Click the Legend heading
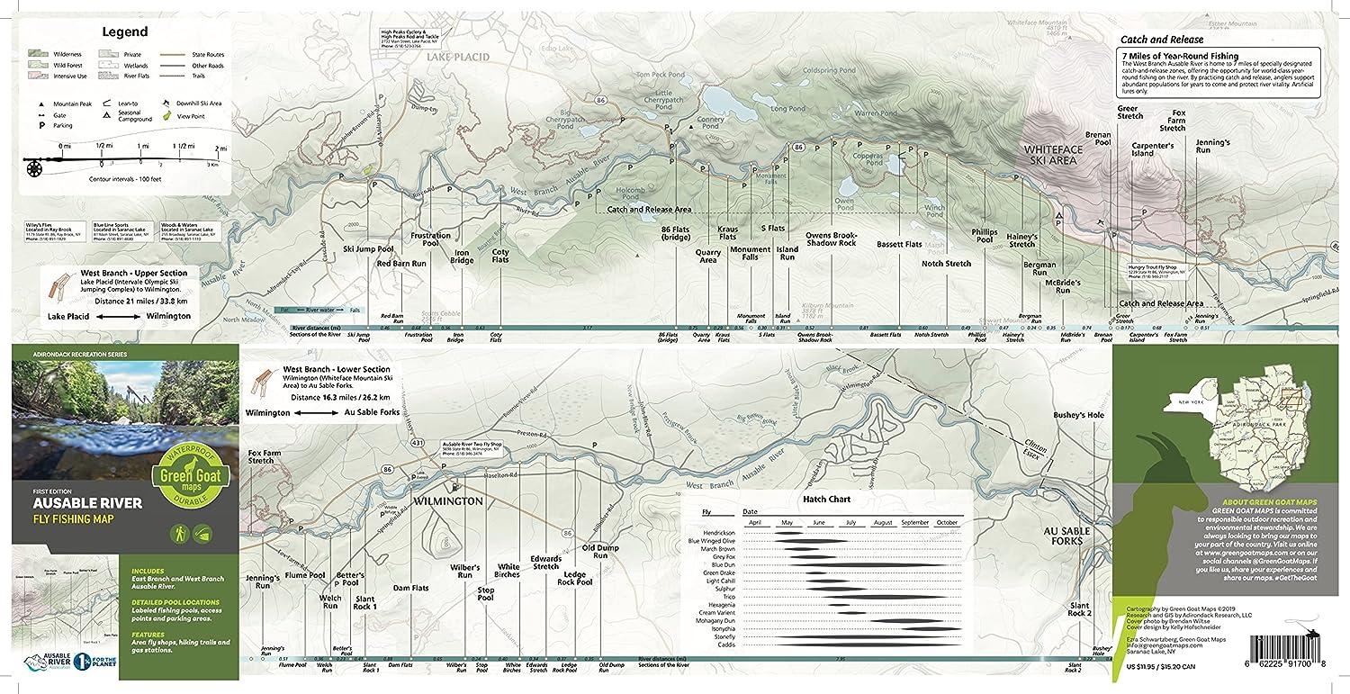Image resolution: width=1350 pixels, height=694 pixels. point(124,32)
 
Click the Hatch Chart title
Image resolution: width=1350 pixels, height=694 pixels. point(826,499)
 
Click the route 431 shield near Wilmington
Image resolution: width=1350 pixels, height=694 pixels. point(418,442)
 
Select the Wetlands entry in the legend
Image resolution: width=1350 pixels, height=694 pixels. point(124,65)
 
